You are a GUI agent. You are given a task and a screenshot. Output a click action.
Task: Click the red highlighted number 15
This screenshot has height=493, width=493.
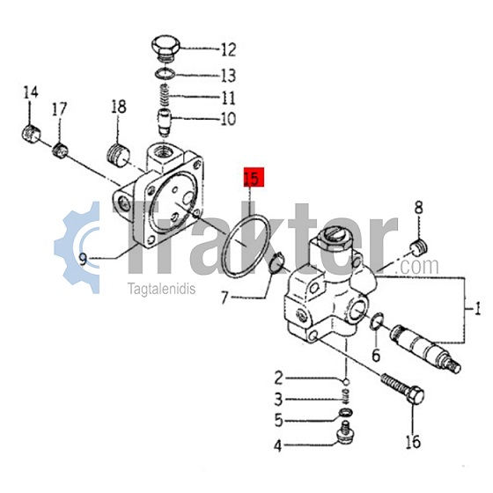[254, 178]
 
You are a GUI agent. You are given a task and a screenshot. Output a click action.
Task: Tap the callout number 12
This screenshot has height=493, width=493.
[229, 49]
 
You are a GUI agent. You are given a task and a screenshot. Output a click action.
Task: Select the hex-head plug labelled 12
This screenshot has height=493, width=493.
[166, 48]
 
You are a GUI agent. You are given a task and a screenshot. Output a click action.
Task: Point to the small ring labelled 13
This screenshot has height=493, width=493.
[166, 75]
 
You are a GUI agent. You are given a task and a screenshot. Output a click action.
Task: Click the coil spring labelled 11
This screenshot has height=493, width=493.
[165, 95]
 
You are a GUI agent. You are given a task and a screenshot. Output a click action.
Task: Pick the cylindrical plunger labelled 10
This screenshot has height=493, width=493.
[164, 122]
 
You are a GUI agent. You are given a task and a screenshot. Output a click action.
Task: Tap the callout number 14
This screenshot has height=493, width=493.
[31, 92]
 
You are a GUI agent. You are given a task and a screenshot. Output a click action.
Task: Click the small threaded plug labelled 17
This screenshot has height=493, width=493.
[60, 151]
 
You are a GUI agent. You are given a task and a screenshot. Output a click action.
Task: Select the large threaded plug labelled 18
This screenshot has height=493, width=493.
[119, 155]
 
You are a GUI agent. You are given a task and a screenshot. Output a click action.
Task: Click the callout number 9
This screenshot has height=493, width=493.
[83, 260]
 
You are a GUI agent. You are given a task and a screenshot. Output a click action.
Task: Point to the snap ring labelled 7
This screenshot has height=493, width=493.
[276, 262]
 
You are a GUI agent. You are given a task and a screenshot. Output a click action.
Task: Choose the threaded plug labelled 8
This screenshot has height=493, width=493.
[419, 246]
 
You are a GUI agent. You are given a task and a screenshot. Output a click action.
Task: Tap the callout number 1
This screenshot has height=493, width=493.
[477, 308]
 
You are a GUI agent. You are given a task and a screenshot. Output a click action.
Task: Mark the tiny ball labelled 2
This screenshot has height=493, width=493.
[346, 382]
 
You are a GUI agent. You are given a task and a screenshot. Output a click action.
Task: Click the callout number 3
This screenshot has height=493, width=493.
[278, 400]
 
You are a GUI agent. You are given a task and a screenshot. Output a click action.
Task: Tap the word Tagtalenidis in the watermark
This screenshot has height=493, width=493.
[161, 289]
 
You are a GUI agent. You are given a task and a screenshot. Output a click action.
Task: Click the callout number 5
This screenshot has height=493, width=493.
[279, 420]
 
